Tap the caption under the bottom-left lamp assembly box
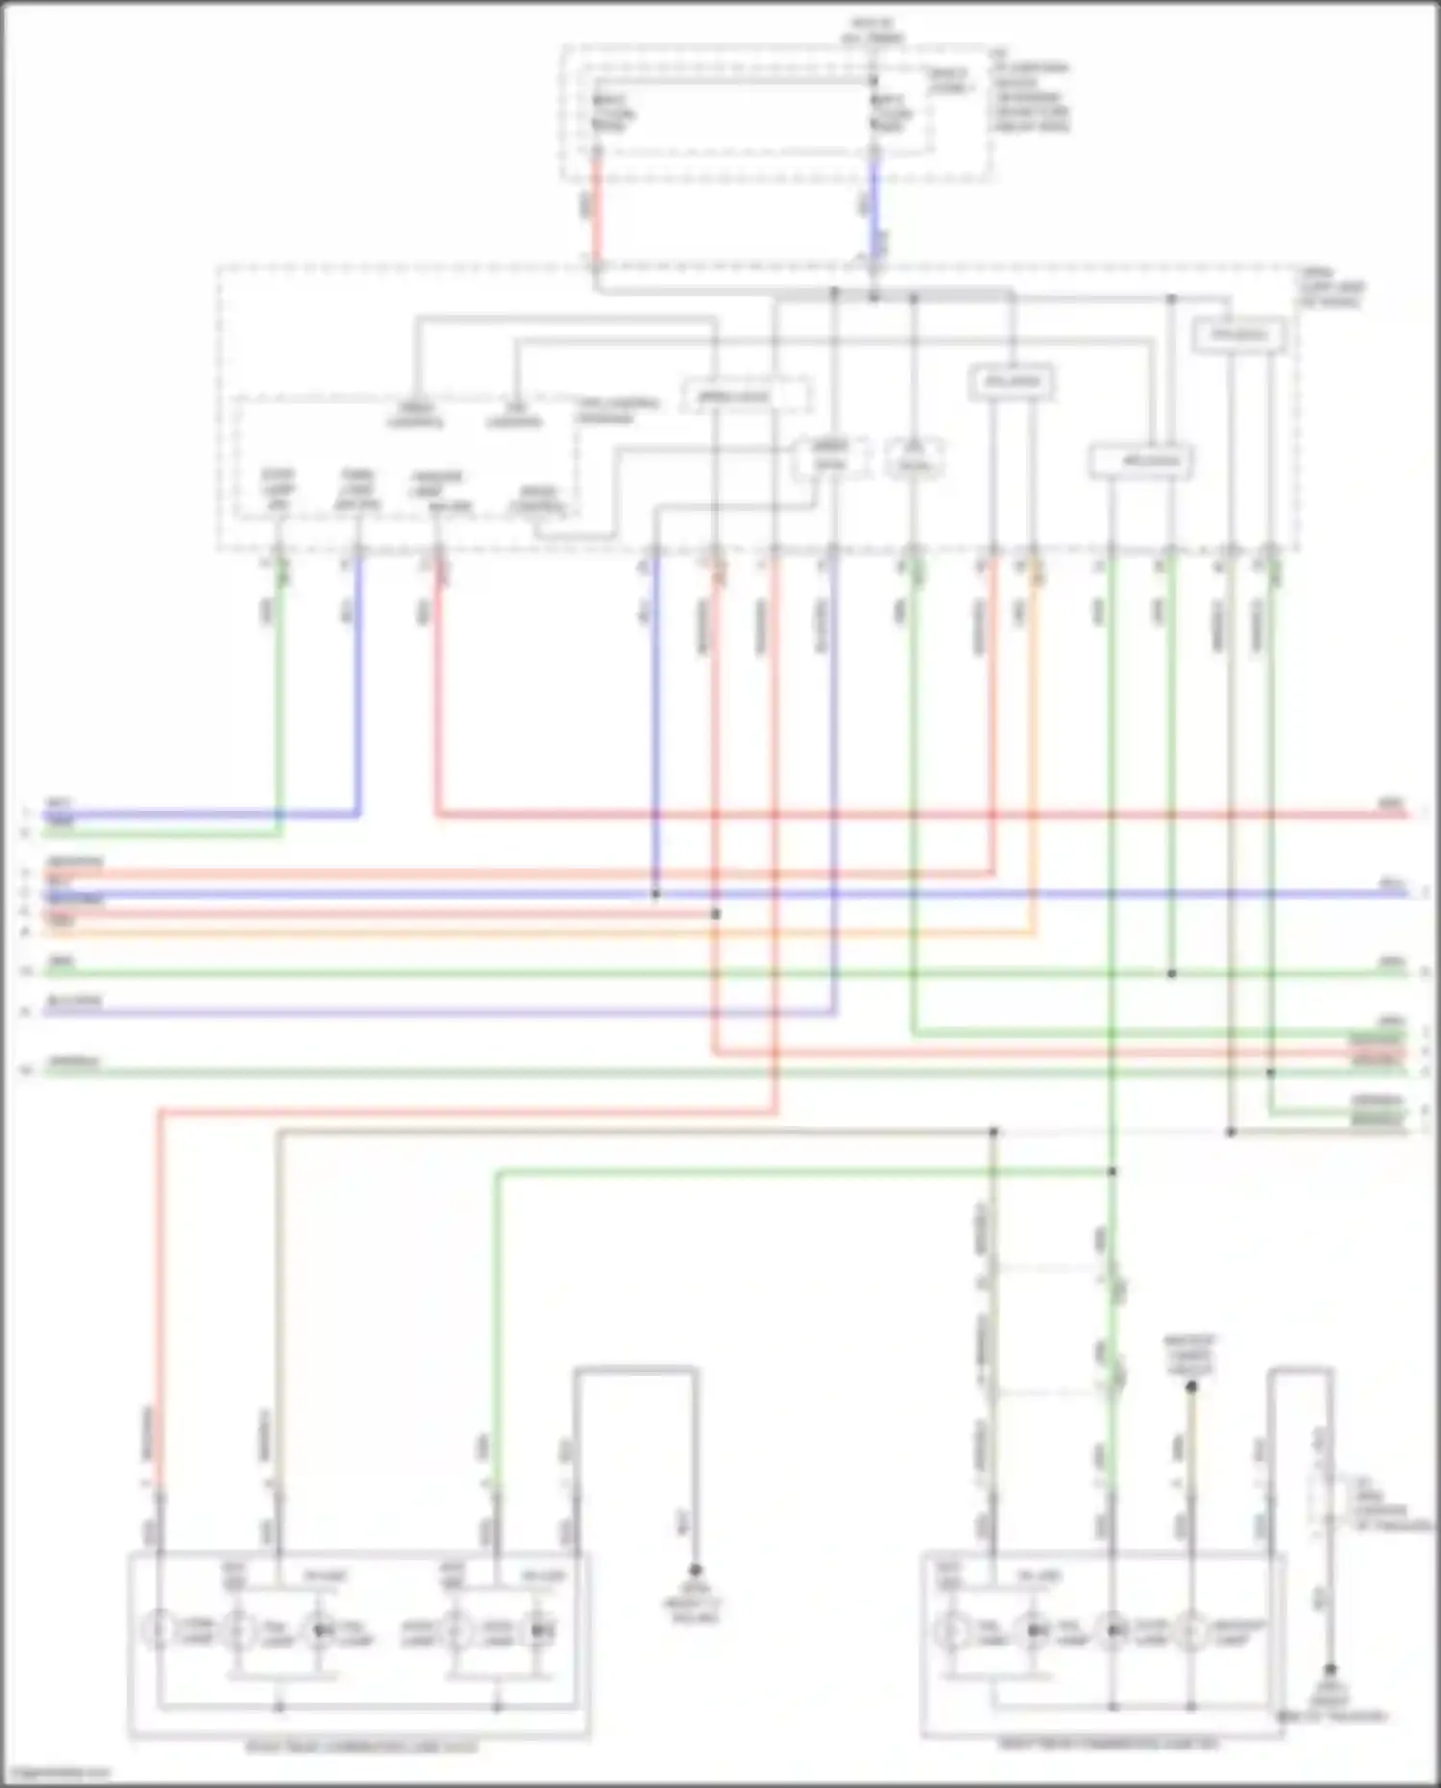pyautogui.click(x=360, y=1746)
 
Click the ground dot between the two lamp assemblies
pyautogui.click(x=696, y=1570)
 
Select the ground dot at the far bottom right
pyautogui.click(x=1331, y=1671)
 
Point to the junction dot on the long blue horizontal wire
pyautogui.click(x=656, y=894)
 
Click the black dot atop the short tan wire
pyautogui.click(x=1191, y=1386)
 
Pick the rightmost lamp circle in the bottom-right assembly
pyautogui.click(x=1191, y=1630)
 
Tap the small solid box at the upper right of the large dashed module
pyautogui.click(x=1239, y=335)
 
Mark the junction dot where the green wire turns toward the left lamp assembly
pyautogui.click(x=1111, y=1171)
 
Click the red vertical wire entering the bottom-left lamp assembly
pyautogui.click(x=159, y=1345)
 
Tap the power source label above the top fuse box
pyautogui.click(x=871, y=31)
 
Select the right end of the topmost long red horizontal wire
pyautogui.click(x=1403, y=815)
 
